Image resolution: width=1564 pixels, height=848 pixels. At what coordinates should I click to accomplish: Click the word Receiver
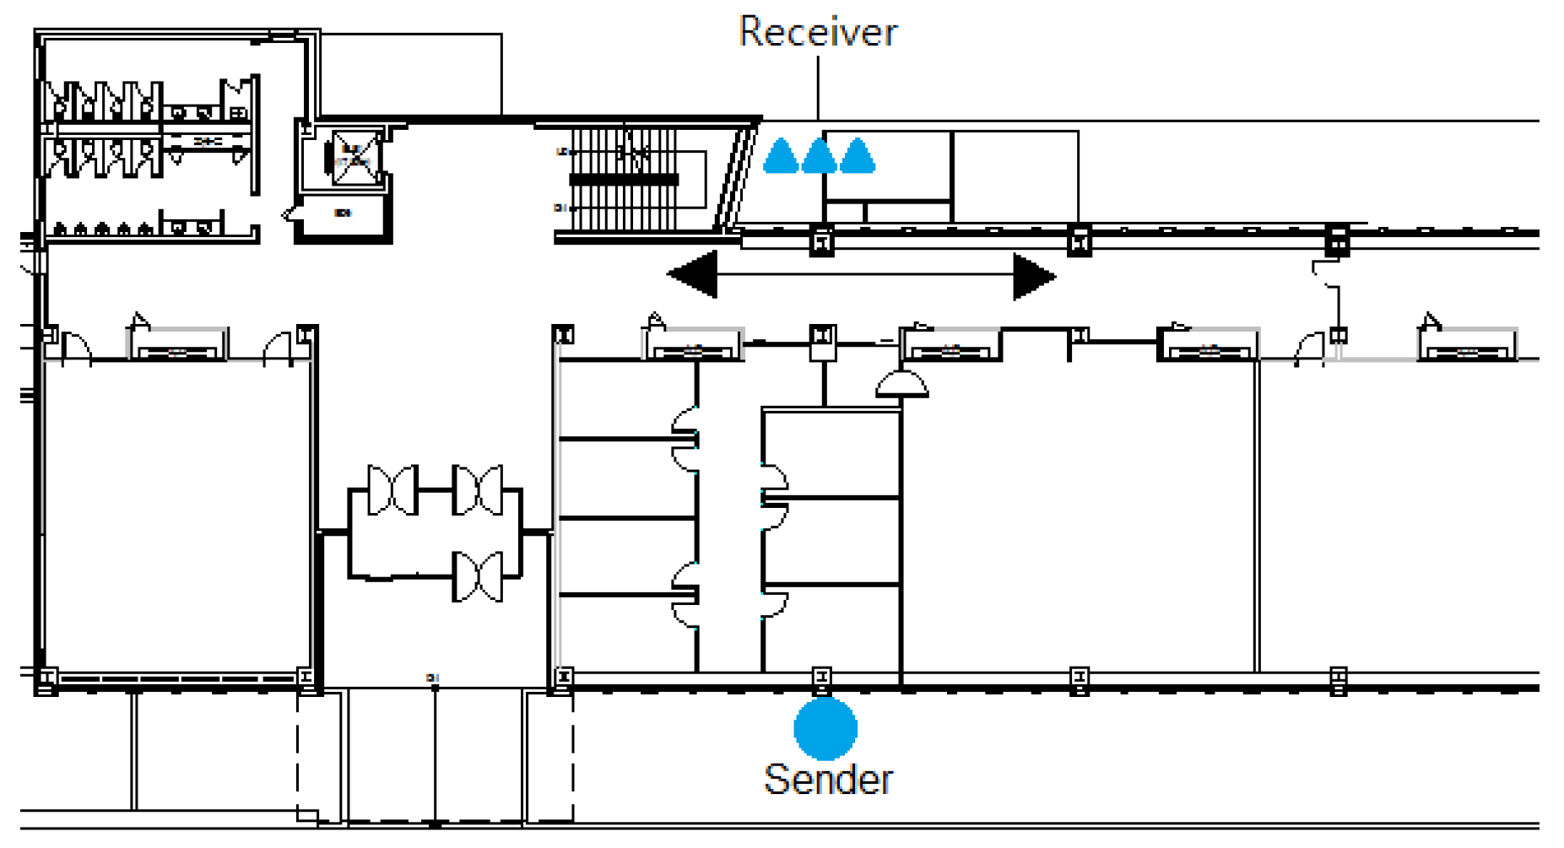tap(817, 32)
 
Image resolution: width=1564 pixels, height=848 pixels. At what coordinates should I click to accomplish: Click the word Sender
tap(827, 779)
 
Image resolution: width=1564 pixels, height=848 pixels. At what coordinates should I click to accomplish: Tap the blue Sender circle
tap(825, 728)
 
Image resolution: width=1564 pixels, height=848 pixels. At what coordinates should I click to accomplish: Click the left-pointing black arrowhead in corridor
tap(694, 273)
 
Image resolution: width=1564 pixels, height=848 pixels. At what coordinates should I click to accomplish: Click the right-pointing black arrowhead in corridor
tap(1033, 276)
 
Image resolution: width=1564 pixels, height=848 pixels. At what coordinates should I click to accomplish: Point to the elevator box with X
tap(354, 157)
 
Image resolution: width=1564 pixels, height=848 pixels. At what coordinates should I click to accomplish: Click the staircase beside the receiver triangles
tap(625, 179)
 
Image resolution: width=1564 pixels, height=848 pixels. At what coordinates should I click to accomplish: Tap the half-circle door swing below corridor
tap(901, 385)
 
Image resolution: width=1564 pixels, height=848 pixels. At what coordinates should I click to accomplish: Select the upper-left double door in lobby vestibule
tap(393, 489)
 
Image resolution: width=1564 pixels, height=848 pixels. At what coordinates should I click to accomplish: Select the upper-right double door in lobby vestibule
tap(478, 489)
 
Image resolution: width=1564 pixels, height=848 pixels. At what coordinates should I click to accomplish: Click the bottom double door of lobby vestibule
tap(478, 576)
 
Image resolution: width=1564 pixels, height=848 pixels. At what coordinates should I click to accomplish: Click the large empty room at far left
tap(177, 515)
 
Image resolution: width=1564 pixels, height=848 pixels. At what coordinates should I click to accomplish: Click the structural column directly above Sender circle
tap(821, 678)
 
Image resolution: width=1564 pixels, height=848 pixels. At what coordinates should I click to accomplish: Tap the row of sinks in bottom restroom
tap(101, 229)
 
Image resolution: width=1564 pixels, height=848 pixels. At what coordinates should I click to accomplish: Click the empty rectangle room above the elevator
tap(411, 74)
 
